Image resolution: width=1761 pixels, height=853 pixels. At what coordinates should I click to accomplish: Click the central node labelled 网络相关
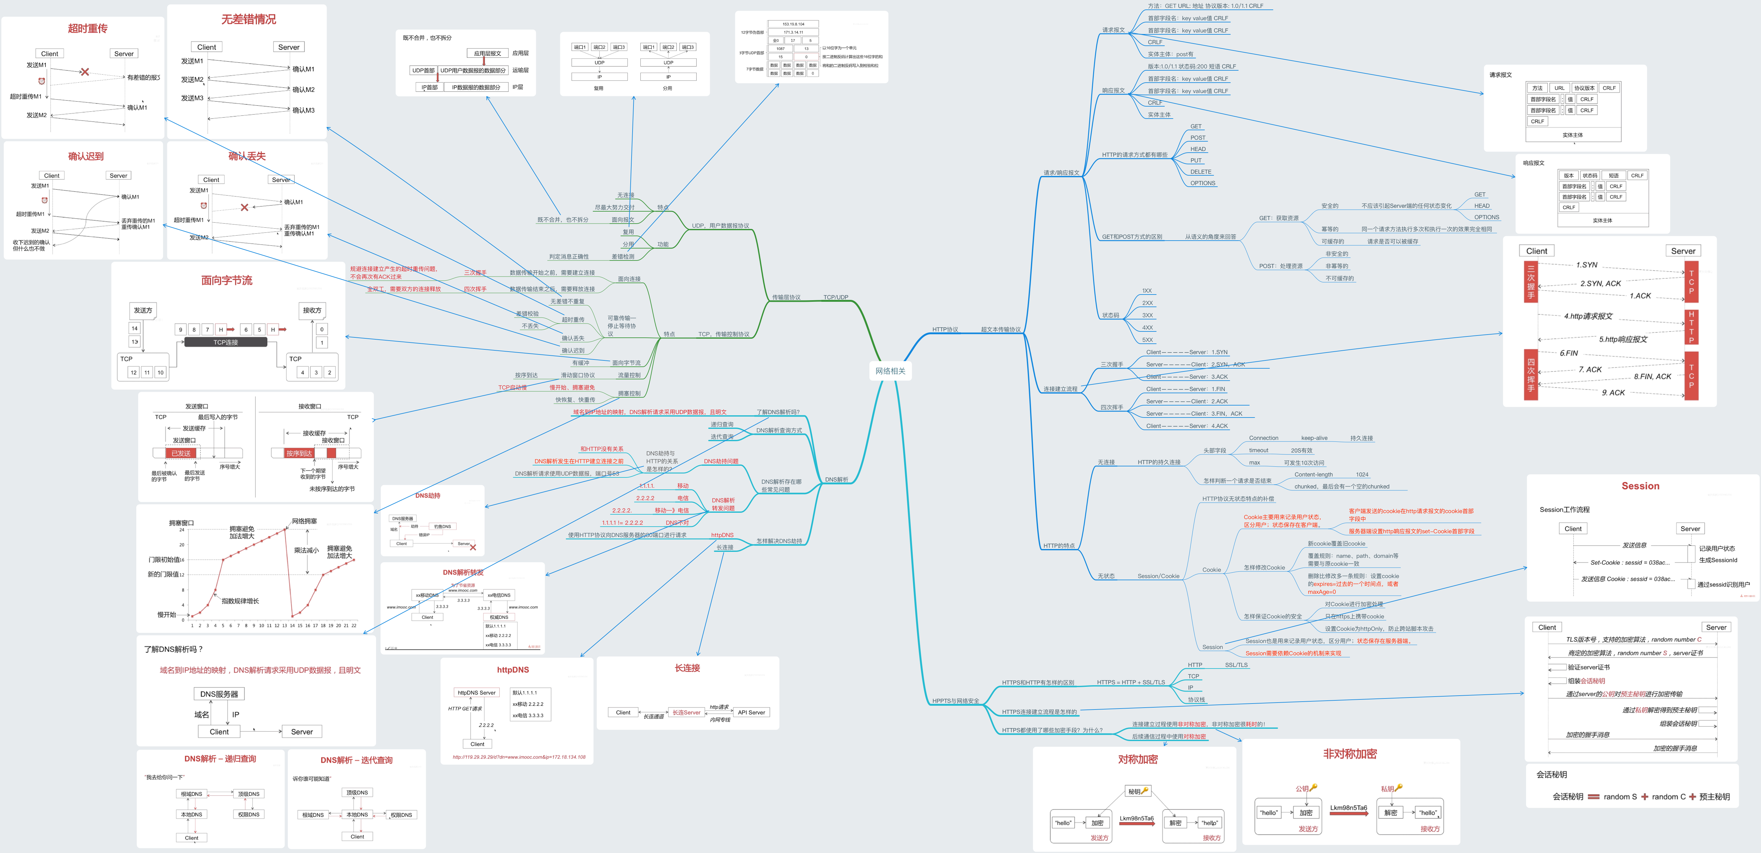pos(890,371)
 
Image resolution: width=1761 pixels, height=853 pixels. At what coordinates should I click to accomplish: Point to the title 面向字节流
pos(226,280)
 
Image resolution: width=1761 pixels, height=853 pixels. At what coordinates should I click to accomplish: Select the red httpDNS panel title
pos(513,670)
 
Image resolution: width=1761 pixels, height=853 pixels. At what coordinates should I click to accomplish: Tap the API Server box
pos(751,712)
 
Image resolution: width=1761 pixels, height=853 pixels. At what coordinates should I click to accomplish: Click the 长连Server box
pos(686,712)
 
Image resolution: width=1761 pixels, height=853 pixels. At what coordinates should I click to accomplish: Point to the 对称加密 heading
pos(1138,759)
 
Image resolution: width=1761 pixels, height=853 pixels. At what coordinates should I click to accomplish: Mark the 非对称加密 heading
pos(1350,754)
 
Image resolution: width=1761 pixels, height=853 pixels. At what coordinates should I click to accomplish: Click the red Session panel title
pos(1640,486)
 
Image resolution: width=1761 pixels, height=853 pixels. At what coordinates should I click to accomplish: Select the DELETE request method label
pos(1200,172)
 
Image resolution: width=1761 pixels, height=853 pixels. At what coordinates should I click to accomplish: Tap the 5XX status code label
pos(1147,340)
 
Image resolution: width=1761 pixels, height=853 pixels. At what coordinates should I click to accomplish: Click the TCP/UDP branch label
pos(835,297)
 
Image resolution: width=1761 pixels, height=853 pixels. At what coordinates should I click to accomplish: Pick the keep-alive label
pos(1314,438)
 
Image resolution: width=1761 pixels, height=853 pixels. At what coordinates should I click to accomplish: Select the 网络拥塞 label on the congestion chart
pos(304,521)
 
